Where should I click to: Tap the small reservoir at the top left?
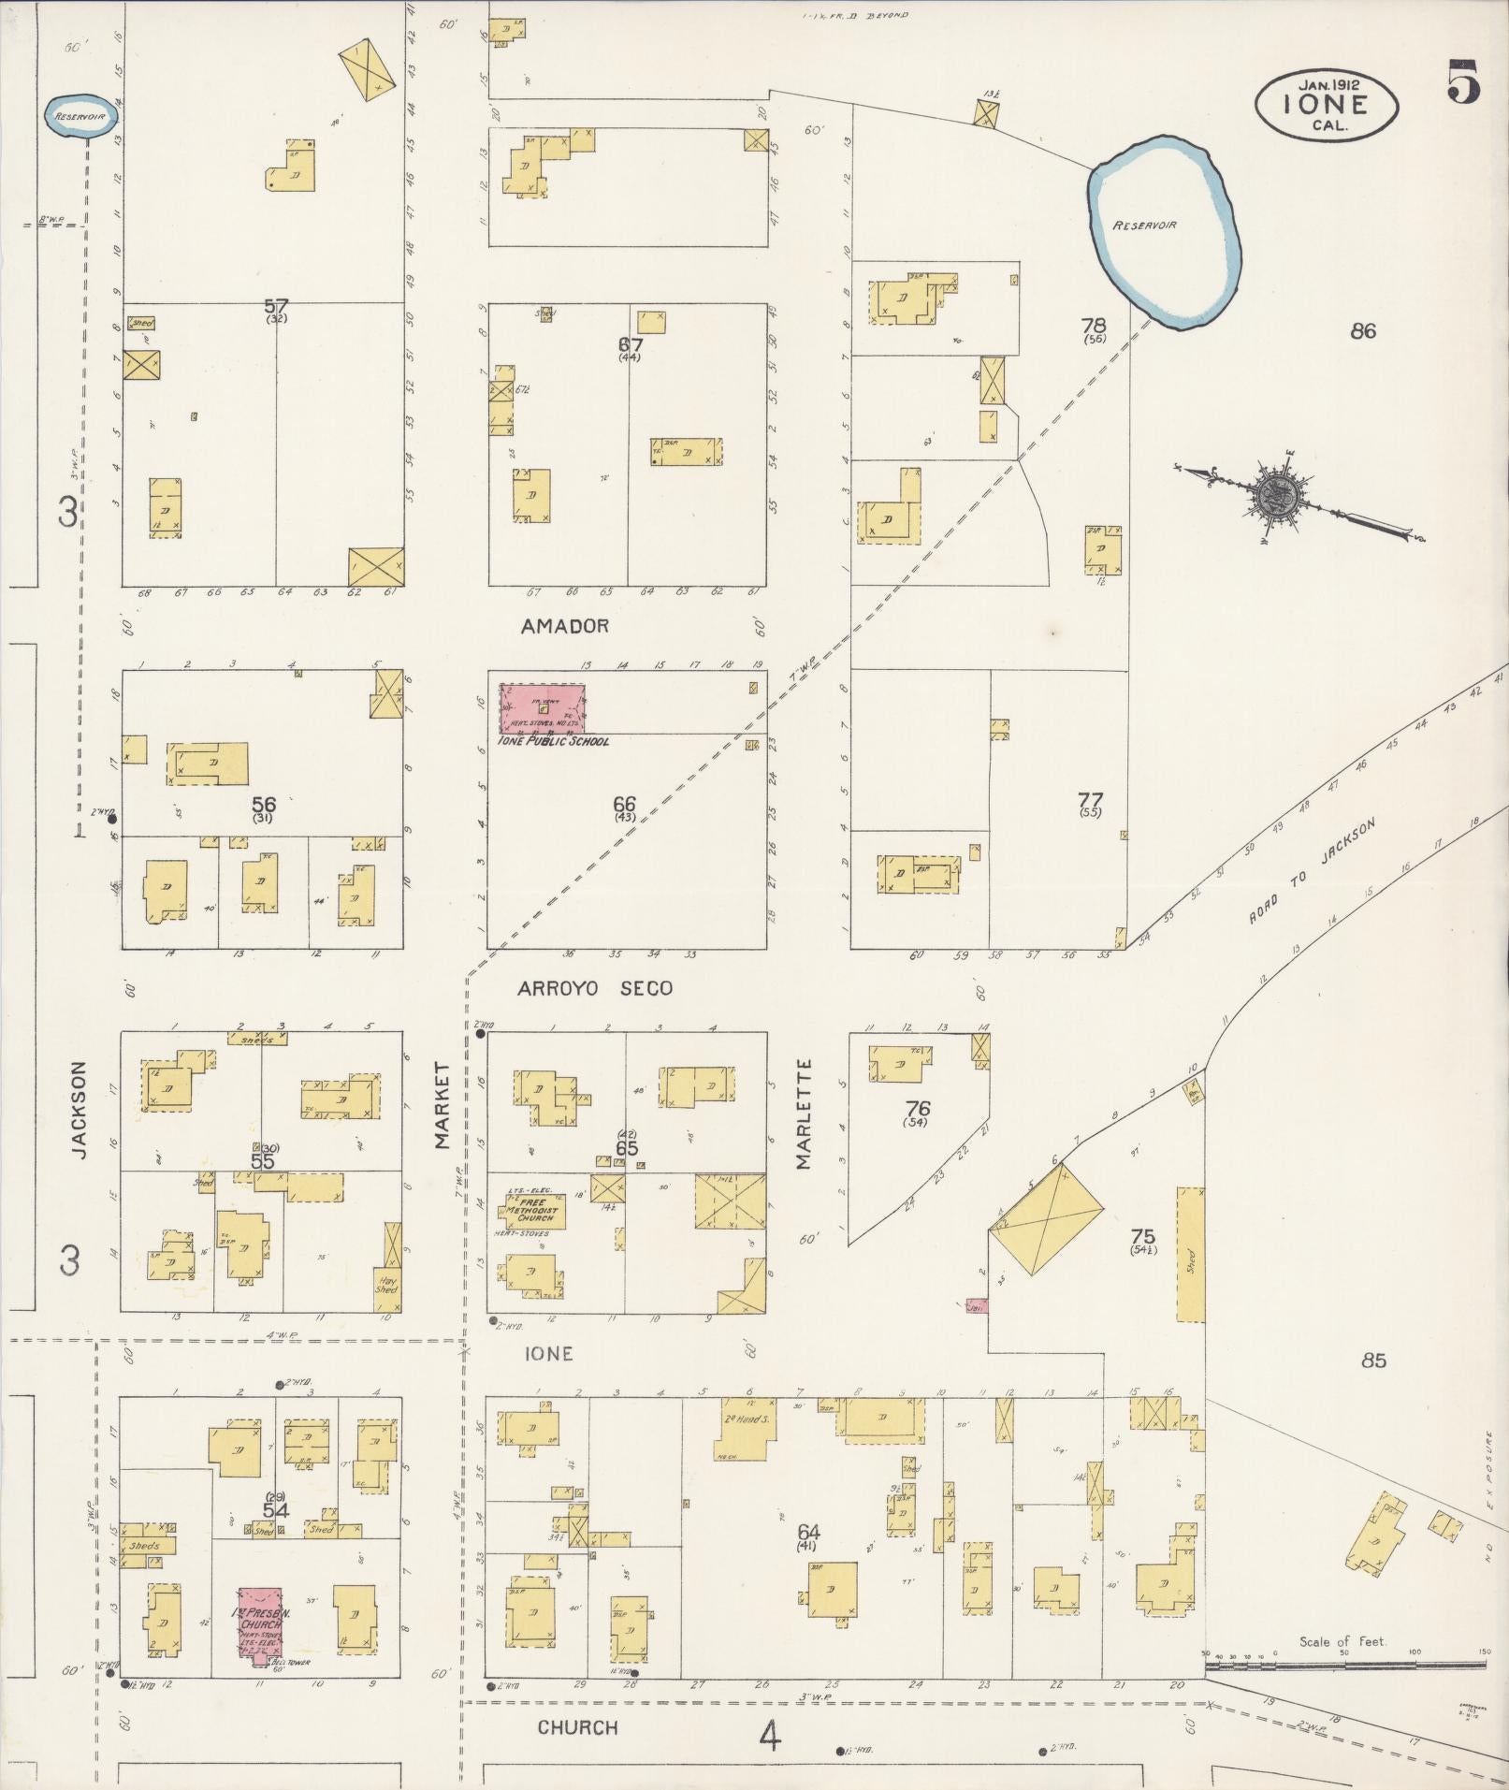click(x=81, y=116)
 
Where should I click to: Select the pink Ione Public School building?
click(x=542, y=708)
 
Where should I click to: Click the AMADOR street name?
click(x=564, y=626)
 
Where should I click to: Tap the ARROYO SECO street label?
click(x=595, y=988)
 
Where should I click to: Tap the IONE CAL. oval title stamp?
click(x=1326, y=105)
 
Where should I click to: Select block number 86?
click(x=1363, y=330)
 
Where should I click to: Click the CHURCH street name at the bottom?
click(x=577, y=1727)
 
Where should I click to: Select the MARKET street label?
click(x=442, y=1104)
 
